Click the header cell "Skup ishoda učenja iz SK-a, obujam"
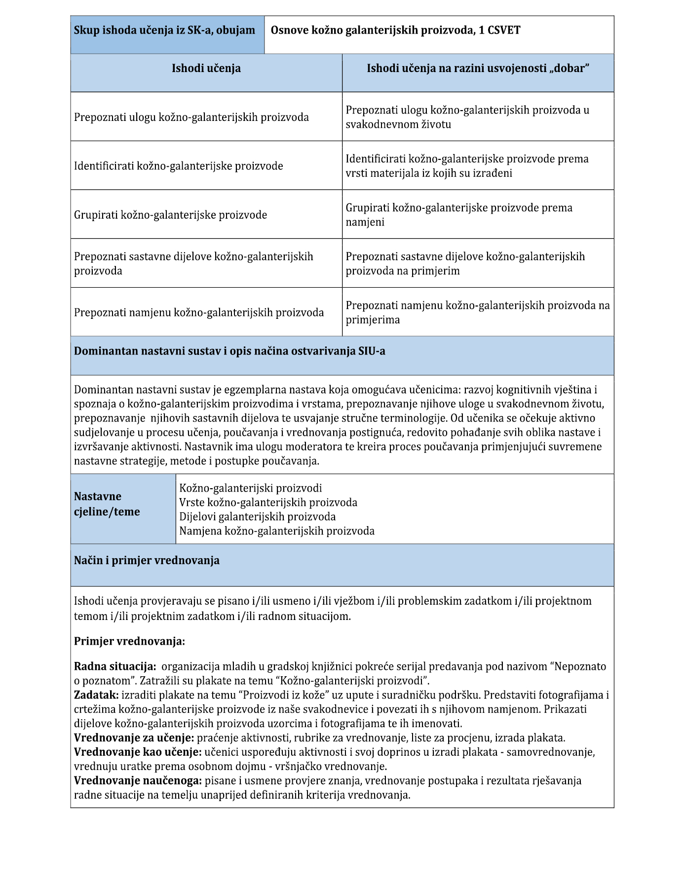[x=164, y=30]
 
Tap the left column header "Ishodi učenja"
[x=206, y=68]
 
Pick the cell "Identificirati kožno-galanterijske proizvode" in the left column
[x=179, y=166]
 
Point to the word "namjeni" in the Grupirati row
[x=365, y=222]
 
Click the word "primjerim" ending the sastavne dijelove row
[x=435, y=271]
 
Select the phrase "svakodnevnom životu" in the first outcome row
[x=398, y=124]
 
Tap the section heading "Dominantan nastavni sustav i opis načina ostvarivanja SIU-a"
[x=229, y=351]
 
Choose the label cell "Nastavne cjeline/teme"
[x=107, y=504]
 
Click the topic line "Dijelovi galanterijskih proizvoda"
[x=257, y=517]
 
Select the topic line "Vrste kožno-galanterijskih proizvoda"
[x=268, y=502]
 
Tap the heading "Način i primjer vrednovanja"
[x=147, y=561]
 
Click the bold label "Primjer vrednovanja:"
[x=129, y=641]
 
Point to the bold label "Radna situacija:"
[x=115, y=666]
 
